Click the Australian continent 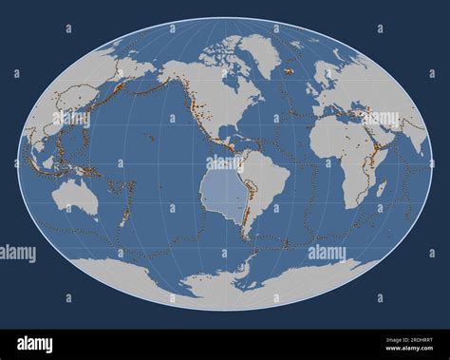point(74,197)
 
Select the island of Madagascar point(381,189)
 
